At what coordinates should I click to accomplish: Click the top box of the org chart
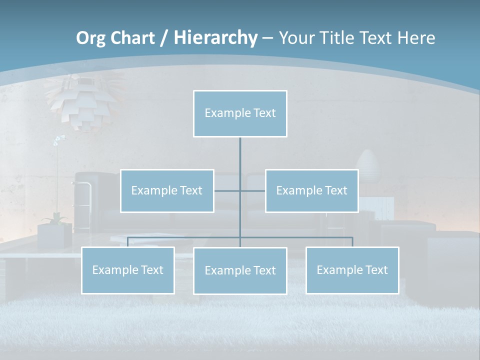tap(240, 113)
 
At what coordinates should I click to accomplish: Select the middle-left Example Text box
tap(167, 190)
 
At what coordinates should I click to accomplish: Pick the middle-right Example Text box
tap(311, 190)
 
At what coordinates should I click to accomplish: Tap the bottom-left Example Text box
tap(127, 270)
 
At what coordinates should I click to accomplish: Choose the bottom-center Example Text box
tap(240, 270)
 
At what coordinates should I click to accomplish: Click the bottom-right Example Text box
tap(352, 270)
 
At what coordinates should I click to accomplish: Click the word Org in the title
tap(90, 38)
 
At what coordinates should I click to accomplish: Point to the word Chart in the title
tap(131, 38)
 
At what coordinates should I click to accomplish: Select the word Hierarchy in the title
tap(215, 38)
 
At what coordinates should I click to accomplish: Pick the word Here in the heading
tap(416, 38)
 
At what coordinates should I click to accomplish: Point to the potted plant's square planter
tap(54, 236)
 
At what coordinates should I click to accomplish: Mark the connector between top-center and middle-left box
tap(227, 190)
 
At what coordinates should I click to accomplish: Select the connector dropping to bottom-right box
tap(352, 241)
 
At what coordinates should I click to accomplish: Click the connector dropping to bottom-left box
tap(128, 241)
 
